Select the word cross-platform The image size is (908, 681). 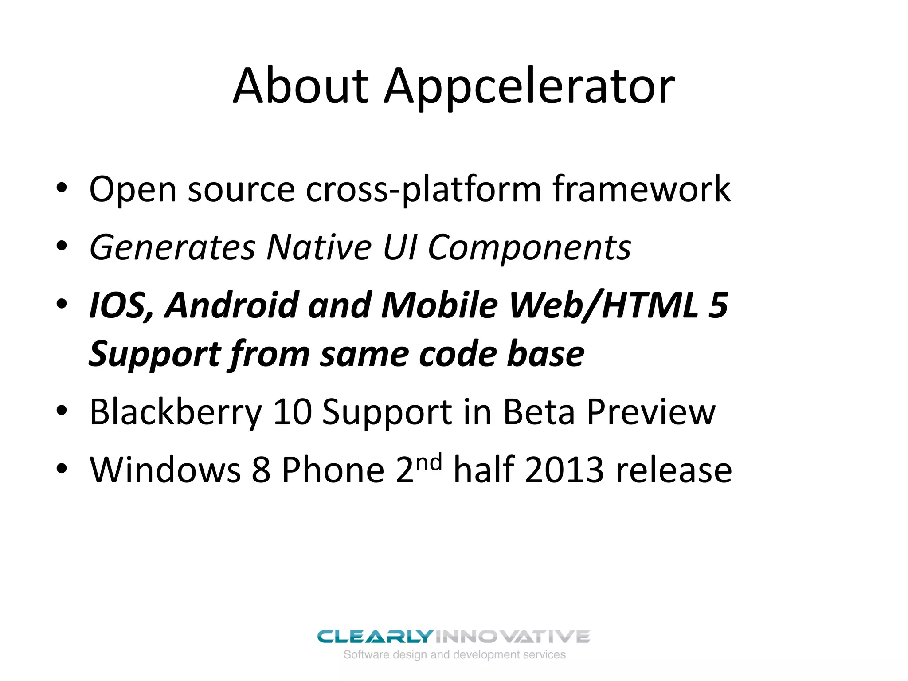pos(423,190)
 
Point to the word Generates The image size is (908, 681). pos(172,248)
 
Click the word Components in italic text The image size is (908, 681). pos(529,248)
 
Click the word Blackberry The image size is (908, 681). pos(176,413)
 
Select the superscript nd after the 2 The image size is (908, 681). pos(429,462)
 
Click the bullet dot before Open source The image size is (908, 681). pos(62,188)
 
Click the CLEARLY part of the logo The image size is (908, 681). pos(375,637)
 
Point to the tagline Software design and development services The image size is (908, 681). pos(454,655)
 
